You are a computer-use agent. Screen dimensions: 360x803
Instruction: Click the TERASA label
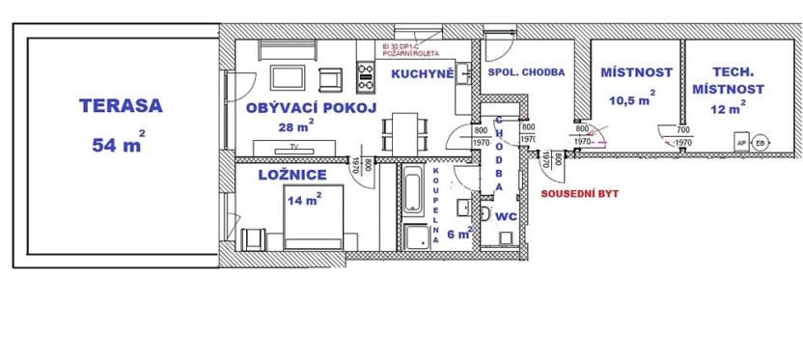point(109,106)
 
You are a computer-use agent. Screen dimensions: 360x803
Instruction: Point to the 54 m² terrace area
point(118,145)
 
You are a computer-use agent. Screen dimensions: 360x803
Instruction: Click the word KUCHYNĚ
point(422,72)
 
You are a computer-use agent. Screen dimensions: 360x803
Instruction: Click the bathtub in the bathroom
point(411,189)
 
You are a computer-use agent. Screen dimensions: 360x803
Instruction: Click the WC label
point(507,218)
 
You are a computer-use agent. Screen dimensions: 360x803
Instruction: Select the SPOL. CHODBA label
point(526,72)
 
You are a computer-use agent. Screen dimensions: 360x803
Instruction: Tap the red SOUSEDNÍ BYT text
point(579,193)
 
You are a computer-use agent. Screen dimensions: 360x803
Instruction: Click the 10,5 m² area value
point(631,97)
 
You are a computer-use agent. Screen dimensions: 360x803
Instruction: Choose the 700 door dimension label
point(682,129)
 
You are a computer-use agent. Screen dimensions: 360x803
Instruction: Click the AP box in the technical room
point(742,142)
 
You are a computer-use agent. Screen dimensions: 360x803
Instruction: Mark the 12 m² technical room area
point(728,110)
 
